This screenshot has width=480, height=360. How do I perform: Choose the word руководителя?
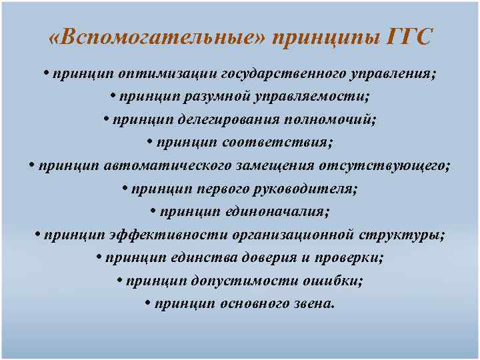pos(303,189)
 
